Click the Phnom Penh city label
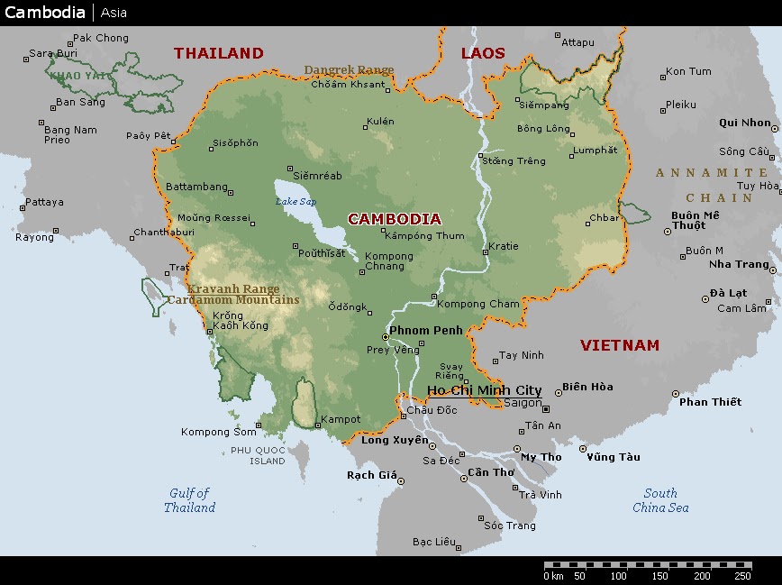click(425, 331)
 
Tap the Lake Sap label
click(296, 202)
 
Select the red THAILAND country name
click(219, 53)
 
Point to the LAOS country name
click(484, 53)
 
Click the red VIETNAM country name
click(619, 345)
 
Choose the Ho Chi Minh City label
click(484, 390)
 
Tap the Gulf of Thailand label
click(189, 500)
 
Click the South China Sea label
click(660, 500)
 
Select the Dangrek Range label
click(349, 70)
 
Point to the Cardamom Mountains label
click(232, 300)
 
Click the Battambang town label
click(196, 187)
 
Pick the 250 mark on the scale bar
click(742, 575)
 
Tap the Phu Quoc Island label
click(258, 455)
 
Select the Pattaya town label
click(44, 202)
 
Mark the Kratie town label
click(503, 246)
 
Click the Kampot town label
click(341, 419)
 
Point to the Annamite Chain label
click(712, 185)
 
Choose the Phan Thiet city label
click(710, 401)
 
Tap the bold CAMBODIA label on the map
click(395, 219)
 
